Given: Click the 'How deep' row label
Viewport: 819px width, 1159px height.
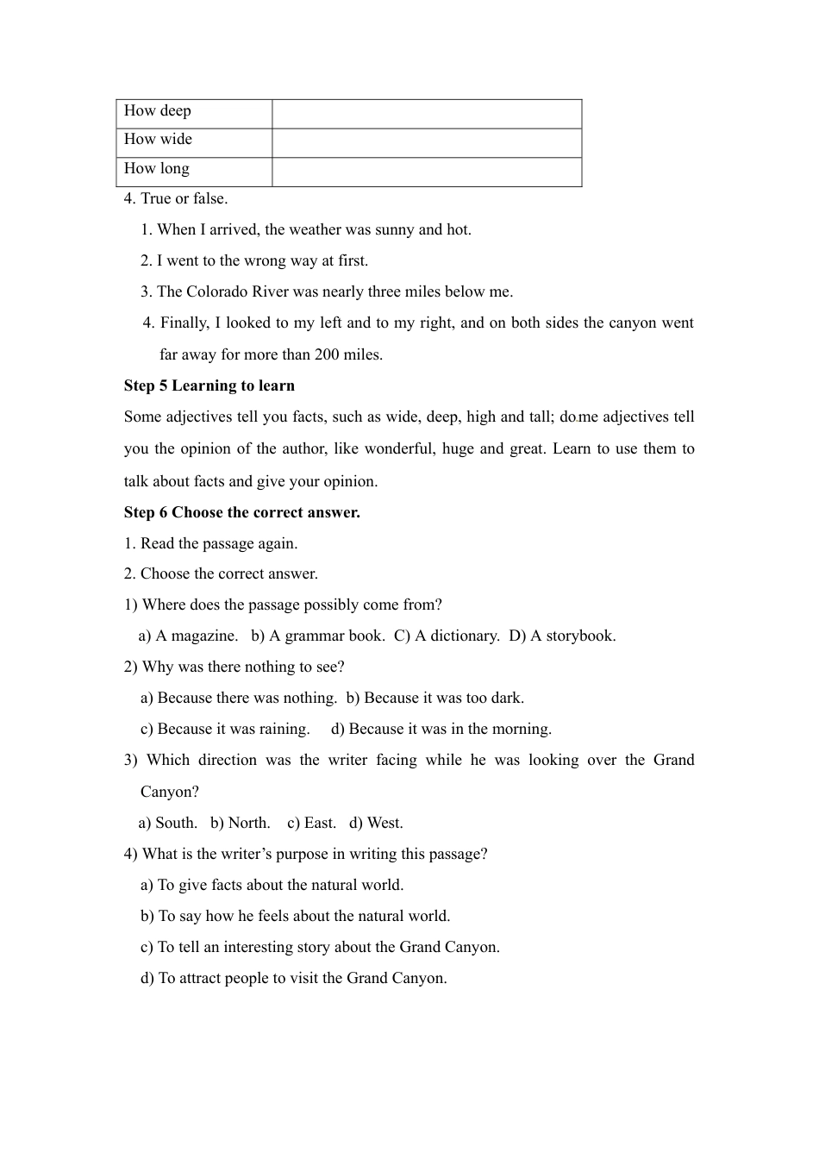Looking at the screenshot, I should click(158, 111).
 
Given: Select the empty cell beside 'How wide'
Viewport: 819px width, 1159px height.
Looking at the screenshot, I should click(427, 142).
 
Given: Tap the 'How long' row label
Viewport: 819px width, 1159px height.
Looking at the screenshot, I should click(157, 169).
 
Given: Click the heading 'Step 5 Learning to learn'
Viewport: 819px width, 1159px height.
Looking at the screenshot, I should click(209, 385).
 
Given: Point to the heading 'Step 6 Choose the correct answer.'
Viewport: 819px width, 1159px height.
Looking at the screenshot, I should click(242, 512).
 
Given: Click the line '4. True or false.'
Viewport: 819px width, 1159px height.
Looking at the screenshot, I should click(176, 198).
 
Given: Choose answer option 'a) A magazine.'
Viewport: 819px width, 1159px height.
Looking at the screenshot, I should click(188, 636).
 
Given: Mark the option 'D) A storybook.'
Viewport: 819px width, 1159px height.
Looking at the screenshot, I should click(562, 636).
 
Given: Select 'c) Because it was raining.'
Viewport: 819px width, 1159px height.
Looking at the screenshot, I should click(225, 729).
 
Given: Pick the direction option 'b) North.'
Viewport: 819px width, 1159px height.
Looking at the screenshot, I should click(241, 823).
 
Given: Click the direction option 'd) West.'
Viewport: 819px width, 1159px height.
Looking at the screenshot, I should click(376, 823).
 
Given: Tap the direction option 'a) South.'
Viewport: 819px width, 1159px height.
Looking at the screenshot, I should click(168, 823).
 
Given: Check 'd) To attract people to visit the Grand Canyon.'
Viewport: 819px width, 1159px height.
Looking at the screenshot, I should click(294, 978).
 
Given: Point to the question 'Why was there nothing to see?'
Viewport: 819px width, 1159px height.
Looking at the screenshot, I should click(242, 667).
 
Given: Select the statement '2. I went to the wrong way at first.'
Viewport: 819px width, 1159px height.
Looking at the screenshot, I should click(254, 260).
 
